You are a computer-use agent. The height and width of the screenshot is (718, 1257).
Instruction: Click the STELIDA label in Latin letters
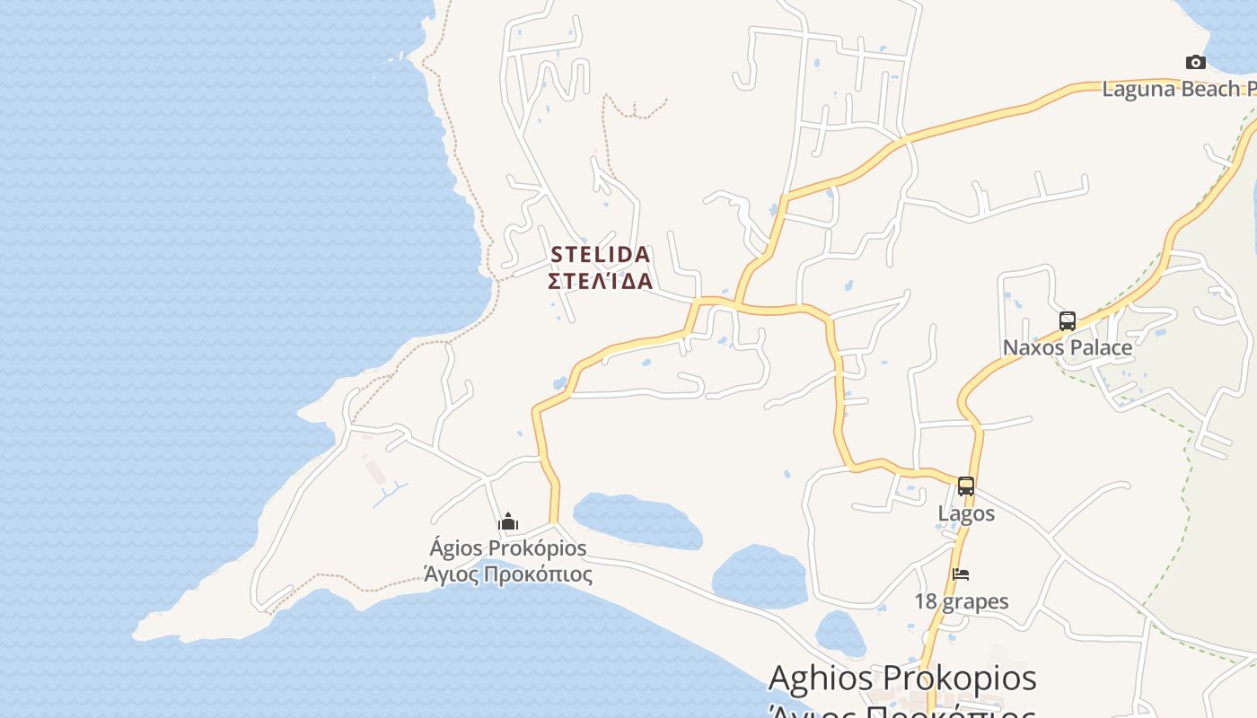[x=600, y=255]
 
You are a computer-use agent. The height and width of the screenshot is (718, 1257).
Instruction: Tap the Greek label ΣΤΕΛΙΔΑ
[x=600, y=281]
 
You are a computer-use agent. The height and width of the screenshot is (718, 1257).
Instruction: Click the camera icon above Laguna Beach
[x=1195, y=62]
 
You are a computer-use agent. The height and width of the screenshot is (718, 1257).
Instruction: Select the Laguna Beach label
[x=1178, y=89]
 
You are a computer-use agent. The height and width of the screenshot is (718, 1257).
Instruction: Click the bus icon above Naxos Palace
[x=1067, y=321]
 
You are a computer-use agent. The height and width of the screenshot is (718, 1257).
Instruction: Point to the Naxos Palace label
[x=1067, y=347]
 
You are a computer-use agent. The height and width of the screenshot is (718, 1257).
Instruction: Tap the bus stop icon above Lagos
[x=966, y=486]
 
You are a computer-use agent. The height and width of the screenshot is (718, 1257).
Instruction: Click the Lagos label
[x=966, y=513]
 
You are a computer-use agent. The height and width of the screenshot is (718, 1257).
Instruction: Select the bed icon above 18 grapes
[x=961, y=574]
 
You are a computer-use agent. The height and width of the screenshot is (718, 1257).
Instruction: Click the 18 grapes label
[x=962, y=601]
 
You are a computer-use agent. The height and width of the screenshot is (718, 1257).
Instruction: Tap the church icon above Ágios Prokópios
[x=508, y=521]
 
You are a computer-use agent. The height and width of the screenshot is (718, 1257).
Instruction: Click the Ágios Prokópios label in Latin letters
[x=508, y=547]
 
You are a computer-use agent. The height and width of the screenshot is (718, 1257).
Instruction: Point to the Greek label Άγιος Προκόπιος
[x=508, y=574]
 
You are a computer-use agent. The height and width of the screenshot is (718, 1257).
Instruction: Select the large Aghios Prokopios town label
[x=902, y=679]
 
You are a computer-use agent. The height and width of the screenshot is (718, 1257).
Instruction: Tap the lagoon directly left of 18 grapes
[x=759, y=576]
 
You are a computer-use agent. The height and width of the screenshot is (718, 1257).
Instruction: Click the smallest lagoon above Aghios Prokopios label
[x=839, y=634]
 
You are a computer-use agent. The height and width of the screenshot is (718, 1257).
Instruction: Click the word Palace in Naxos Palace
[x=1098, y=347]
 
